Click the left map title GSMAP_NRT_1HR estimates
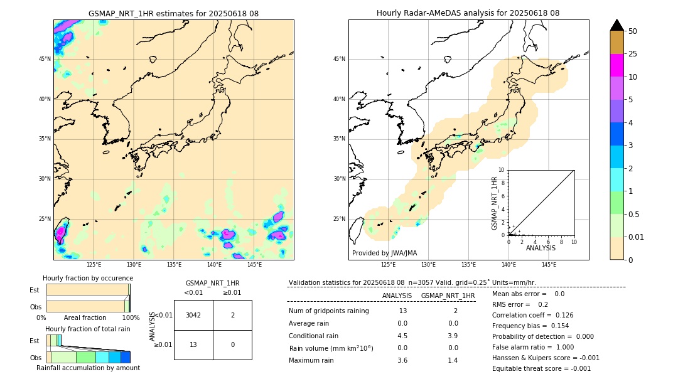click(173, 13)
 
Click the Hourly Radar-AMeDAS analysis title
click(468, 13)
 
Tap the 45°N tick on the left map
click(45, 59)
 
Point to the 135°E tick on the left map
click(174, 265)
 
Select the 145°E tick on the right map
click(549, 265)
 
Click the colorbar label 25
click(633, 54)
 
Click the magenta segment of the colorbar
click(616, 65)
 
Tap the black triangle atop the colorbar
click(616, 25)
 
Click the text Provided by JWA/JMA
click(384, 253)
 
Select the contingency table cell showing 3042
click(193, 315)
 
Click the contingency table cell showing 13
click(193, 344)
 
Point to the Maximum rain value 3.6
click(402, 360)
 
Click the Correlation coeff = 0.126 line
click(533, 315)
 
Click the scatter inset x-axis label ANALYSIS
click(541, 248)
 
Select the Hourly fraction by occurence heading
click(88, 278)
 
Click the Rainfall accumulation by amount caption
click(88, 368)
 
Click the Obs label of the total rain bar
click(35, 357)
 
